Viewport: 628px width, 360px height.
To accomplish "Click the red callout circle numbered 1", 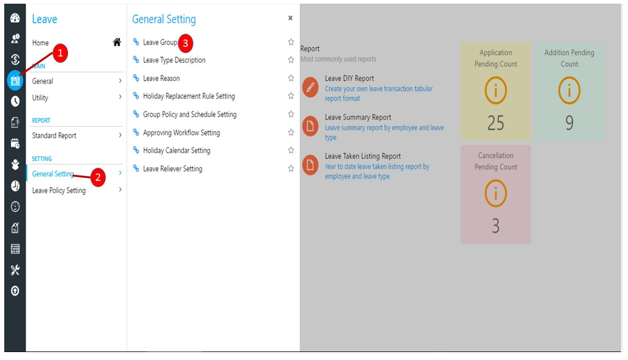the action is pyautogui.click(x=60, y=53).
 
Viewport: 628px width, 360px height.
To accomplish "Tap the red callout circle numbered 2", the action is pyautogui.click(x=98, y=177).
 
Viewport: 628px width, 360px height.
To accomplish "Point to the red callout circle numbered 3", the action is pyautogui.click(x=185, y=43).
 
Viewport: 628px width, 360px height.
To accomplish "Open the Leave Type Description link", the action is pyautogui.click(x=174, y=60).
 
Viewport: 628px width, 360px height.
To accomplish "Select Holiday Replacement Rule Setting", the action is pyautogui.click(x=189, y=96).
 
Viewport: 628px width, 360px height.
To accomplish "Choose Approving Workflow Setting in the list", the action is pyautogui.click(x=181, y=132).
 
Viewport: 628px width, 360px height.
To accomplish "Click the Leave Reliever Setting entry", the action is pyautogui.click(x=172, y=169).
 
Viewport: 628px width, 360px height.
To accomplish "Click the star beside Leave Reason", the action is pyautogui.click(x=291, y=78).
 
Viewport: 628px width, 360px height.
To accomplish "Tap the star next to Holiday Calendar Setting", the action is pyautogui.click(x=291, y=150).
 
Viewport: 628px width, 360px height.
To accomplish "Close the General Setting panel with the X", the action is pyautogui.click(x=290, y=18).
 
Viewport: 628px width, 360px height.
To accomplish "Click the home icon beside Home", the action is pyautogui.click(x=117, y=42).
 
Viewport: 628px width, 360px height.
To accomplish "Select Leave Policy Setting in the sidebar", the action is pyautogui.click(x=59, y=191).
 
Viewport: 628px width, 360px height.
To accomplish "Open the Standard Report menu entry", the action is pyautogui.click(x=54, y=136).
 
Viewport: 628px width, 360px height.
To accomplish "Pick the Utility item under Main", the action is pyautogui.click(x=40, y=97).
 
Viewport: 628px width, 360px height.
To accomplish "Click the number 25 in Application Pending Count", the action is pyautogui.click(x=495, y=123).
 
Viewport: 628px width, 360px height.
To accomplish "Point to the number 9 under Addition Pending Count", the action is pyautogui.click(x=569, y=123).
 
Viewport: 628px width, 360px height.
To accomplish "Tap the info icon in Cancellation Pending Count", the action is pyautogui.click(x=495, y=193).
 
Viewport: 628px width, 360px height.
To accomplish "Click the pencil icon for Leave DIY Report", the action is pyautogui.click(x=311, y=87).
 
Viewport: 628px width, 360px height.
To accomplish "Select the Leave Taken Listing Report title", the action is pyautogui.click(x=363, y=156).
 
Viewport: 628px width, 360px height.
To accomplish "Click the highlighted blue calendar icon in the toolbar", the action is pyautogui.click(x=15, y=80).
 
